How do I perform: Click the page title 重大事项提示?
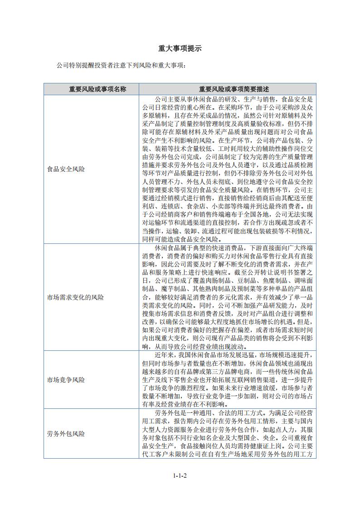coord(180,48)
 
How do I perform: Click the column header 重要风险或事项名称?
coord(91,89)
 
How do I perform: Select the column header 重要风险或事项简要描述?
coord(228,89)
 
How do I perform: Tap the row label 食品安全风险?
coord(66,169)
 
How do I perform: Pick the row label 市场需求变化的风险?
coord(76,298)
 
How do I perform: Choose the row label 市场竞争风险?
coord(66,380)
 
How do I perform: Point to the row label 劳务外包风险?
coord(66,434)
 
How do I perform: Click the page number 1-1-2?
coord(180,475)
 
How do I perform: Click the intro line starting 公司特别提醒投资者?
coord(122,65)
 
